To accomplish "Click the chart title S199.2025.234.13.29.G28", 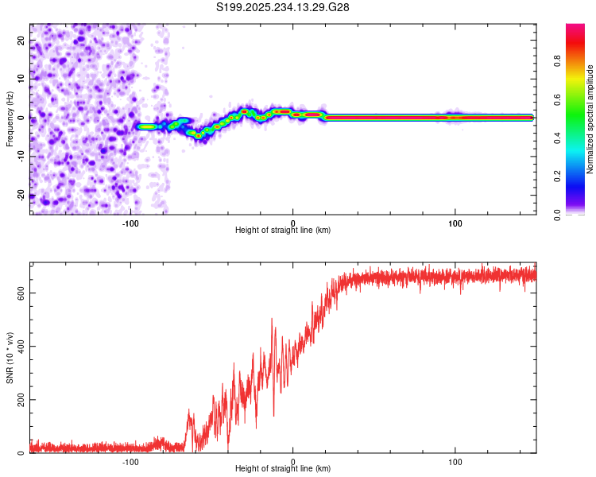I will (x=284, y=7).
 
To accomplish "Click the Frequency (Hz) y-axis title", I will (x=10, y=118).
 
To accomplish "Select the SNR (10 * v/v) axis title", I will (x=10, y=359).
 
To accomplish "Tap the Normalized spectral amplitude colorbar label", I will (x=590, y=119).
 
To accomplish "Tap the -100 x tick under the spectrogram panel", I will (x=130, y=222).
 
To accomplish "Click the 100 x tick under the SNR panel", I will (x=455, y=461).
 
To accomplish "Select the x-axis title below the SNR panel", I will (x=283, y=471).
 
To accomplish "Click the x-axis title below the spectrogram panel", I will (x=283, y=231).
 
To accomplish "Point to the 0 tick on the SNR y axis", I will (x=22, y=452).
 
